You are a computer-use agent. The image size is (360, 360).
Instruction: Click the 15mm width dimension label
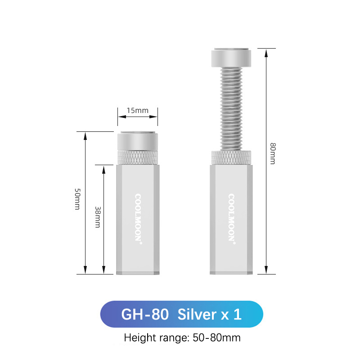click(x=138, y=110)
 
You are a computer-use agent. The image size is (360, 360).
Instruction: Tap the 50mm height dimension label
click(x=77, y=199)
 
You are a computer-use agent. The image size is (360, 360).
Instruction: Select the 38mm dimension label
click(x=98, y=217)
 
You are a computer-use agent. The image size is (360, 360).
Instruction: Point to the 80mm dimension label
click(x=273, y=153)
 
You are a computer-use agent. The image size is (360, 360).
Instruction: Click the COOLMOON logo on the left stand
click(x=138, y=219)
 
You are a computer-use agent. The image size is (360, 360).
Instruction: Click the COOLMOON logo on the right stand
click(x=231, y=219)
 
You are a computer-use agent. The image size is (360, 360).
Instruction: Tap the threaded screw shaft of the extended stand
click(x=231, y=109)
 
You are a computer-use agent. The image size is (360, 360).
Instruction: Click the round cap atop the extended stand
click(x=231, y=58)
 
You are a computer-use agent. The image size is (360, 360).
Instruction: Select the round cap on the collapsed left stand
click(x=138, y=141)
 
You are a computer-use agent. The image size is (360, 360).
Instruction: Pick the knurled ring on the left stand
click(x=138, y=158)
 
